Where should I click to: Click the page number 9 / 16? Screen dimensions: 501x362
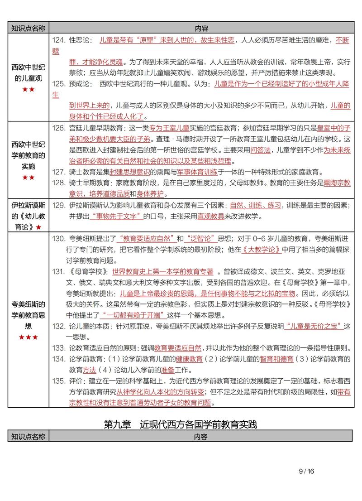pos(306,471)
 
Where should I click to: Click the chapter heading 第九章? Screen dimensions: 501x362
pos(117,424)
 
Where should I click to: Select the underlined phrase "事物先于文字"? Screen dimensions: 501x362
pos(116,216)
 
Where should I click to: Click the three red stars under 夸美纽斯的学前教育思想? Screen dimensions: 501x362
pos(28,337)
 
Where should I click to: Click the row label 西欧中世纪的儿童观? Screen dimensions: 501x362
pos(28,72)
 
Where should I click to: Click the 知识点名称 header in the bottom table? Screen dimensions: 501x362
pos(28,436)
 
